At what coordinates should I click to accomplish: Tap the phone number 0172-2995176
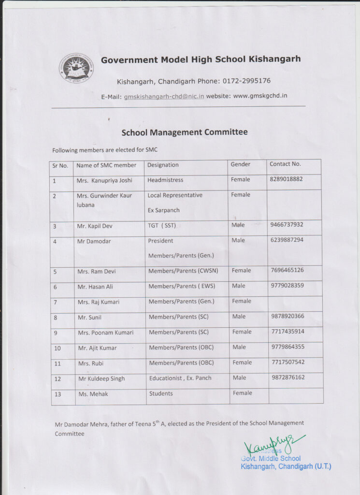click(x=246, y=81)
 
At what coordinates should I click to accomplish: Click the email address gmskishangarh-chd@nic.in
click(x=164, y=96)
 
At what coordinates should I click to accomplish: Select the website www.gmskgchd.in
click(x=260, y=96)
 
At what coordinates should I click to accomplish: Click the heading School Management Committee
click(x=184, y=132)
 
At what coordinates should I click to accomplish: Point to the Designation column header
click(x=163, y=165)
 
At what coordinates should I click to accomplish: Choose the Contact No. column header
click(x=285, y=164)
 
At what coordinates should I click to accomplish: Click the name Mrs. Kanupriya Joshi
click(x=104, y=181)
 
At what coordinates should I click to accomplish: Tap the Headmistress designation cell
click(x=165, y=180)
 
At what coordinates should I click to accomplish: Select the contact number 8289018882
click(x=286, y=179)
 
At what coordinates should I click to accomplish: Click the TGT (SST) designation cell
click(x=162, y=225)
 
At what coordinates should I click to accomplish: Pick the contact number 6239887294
click(x=287, y=240)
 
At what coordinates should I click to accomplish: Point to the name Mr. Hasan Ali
click(x=95, y=287)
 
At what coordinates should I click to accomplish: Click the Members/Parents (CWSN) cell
click(x=183, y=271)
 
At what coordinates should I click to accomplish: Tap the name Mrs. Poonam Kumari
click(x=105, y=333)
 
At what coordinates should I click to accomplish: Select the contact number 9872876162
click(x=288, y=377)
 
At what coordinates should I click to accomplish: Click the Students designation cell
click(x=161, y=393)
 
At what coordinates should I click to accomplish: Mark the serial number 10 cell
click(x=58, y=348)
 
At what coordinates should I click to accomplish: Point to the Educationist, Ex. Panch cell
click(x=180, y=378)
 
